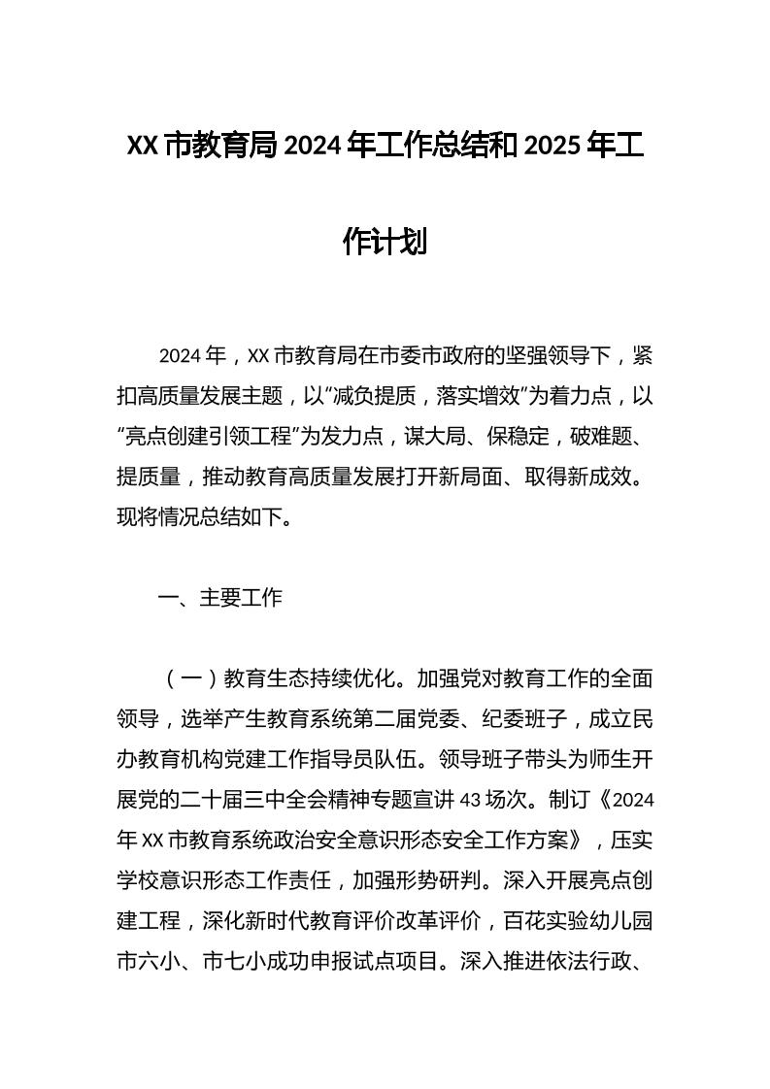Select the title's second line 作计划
(x=385, y=241)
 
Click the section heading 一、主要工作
(x=220, y=598)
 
